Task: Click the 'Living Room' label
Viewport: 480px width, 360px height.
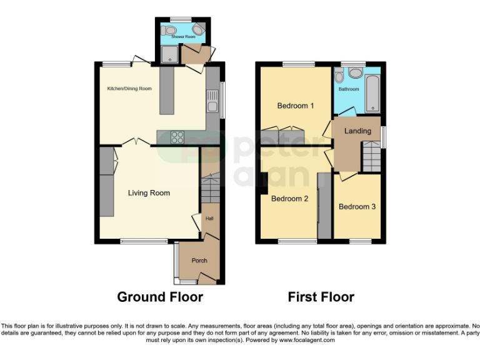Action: pos(149,193)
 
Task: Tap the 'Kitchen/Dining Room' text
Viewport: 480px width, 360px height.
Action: pos(129,89)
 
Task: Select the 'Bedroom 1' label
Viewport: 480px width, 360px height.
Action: pos(296,106)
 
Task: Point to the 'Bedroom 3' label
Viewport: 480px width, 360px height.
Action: pos(357,206)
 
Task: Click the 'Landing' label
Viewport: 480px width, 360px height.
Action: pos(357,131)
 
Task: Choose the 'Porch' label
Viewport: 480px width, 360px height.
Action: pos(199,261)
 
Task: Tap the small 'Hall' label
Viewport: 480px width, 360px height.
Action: pos(209,218)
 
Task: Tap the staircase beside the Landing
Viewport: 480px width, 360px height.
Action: pos(371,153)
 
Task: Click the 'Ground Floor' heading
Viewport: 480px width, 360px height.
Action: pos(160,297)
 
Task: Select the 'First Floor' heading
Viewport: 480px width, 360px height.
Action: pos(321,297)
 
